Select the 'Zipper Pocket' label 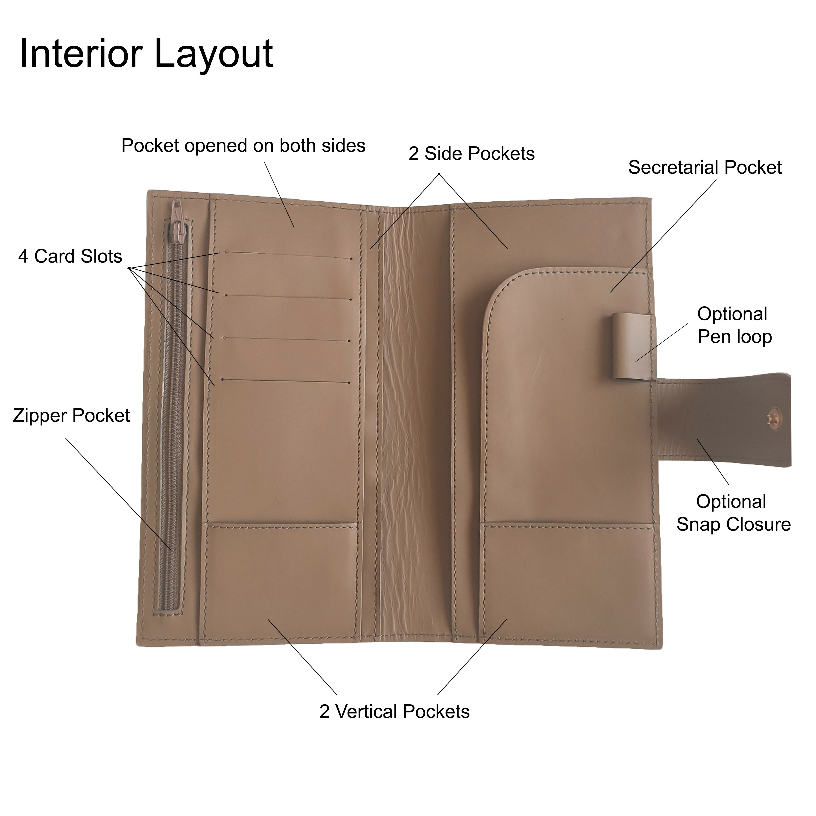(x=71, y=416)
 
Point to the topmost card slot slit (x=289, y=255)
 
